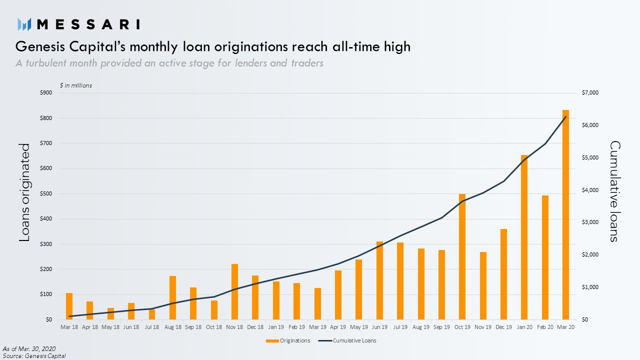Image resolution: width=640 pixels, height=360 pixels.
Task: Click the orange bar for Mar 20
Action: click(565, 214)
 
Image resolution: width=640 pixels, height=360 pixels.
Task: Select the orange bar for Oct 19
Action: click(462, 256)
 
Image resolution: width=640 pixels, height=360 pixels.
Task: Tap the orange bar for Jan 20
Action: click(524, 237)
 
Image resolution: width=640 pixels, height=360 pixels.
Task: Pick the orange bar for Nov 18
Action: click(234, 291)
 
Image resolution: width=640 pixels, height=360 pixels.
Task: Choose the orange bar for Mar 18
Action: click(69, 306)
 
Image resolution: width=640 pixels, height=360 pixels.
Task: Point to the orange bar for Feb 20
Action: click(545, 257)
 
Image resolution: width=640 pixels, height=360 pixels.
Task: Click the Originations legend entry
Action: click(288, 340)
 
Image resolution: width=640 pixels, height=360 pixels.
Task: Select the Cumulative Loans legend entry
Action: click(347, 340)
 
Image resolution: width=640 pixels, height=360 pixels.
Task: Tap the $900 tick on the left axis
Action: click(46, 92)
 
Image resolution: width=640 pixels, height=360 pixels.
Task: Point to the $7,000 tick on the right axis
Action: click(590, 92)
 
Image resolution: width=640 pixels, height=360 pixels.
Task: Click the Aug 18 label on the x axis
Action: click(173, 327)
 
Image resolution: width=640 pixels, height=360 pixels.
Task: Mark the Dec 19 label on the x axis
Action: click(503, 327)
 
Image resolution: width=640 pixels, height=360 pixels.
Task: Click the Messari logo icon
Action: click(24, 24)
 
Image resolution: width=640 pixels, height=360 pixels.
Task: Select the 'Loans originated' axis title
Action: click(24, 192)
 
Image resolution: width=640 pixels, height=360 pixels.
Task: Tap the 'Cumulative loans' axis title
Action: click(615, 191)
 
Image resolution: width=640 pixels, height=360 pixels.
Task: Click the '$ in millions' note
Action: click(75, 85)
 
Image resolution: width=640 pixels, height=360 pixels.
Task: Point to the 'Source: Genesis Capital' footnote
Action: click(34, 356)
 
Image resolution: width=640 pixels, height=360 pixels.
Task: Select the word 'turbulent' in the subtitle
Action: click(47, 63)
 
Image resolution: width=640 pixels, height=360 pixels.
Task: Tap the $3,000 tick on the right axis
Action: click(590, 222)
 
